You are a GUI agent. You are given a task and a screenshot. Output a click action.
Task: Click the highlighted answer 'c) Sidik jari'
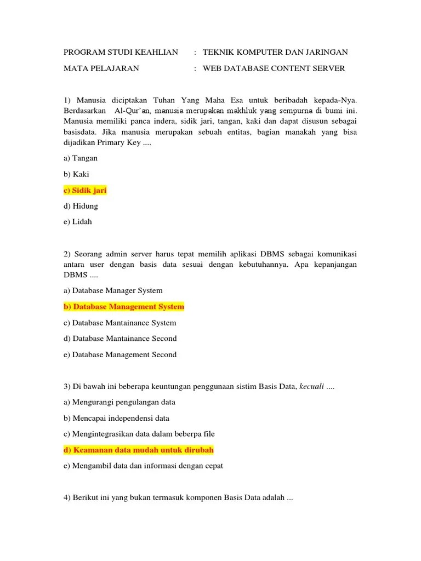(85, 190)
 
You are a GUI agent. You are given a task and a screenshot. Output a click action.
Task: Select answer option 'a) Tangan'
(81, 158)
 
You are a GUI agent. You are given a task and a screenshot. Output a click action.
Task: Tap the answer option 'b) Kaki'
(76, 174)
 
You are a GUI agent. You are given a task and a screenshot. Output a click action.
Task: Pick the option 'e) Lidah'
(78, 222)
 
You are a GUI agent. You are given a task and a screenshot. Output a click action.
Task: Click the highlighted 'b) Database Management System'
(124, 306)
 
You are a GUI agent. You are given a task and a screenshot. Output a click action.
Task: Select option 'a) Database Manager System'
(113, 290)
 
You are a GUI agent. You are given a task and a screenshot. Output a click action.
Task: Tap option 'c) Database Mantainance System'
(120, 323)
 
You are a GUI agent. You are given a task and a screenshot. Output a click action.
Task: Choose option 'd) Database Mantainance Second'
(120, 339)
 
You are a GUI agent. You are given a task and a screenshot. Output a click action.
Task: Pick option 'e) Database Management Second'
(120, 354)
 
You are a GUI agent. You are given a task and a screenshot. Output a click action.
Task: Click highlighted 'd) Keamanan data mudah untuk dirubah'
(139, 450)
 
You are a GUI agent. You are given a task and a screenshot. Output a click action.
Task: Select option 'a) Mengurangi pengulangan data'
(120, 402)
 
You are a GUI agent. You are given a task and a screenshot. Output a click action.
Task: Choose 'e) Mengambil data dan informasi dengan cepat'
(144, 466)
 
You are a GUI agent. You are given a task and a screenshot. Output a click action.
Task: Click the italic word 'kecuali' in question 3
(311, 387)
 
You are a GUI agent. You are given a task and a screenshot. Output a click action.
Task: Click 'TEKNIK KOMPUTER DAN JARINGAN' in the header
(275, 53)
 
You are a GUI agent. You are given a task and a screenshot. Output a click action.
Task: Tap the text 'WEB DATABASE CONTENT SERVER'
(274, 68)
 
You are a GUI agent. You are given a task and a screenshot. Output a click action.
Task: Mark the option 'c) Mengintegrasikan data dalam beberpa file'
(139, 434)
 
